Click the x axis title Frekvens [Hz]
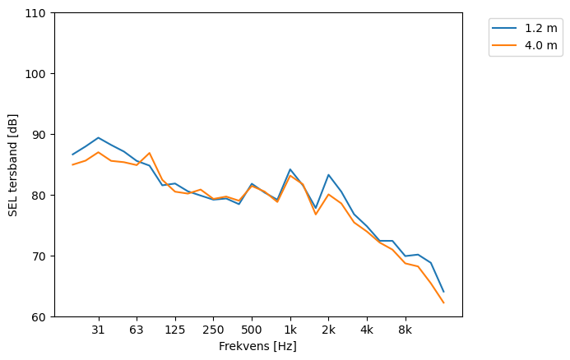pyautogui.click(x=257, y=347)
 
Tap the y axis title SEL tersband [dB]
pyautogui.click(x=13, y=164)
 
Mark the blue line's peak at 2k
pyautogui.click(x=328, y=175)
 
